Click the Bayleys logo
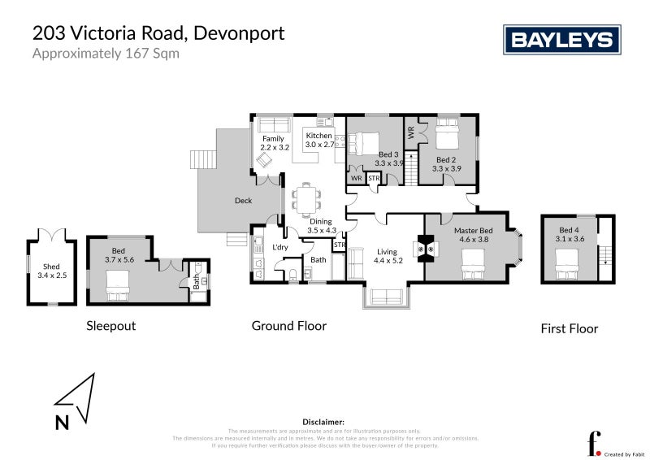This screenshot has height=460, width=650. click(561, 39)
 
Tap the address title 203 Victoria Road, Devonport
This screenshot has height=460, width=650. click(158, 34)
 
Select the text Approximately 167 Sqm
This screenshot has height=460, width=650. click(105, 54)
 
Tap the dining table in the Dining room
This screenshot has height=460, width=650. click(306, 197)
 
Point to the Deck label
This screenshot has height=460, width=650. click(243, 201)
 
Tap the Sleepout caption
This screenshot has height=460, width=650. click(110, 326)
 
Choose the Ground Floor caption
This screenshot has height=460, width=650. click(288, 326)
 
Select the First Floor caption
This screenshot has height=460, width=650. click(569, 328)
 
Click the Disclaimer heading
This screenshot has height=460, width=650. click(324, 422)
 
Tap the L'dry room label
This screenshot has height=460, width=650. click(280, 247)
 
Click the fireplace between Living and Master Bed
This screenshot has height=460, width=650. click(425, 249)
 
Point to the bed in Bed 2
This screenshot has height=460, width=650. click(448, 132)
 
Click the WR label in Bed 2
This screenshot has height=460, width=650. click(411, 130)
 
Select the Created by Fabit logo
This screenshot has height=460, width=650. click(604, 444)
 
